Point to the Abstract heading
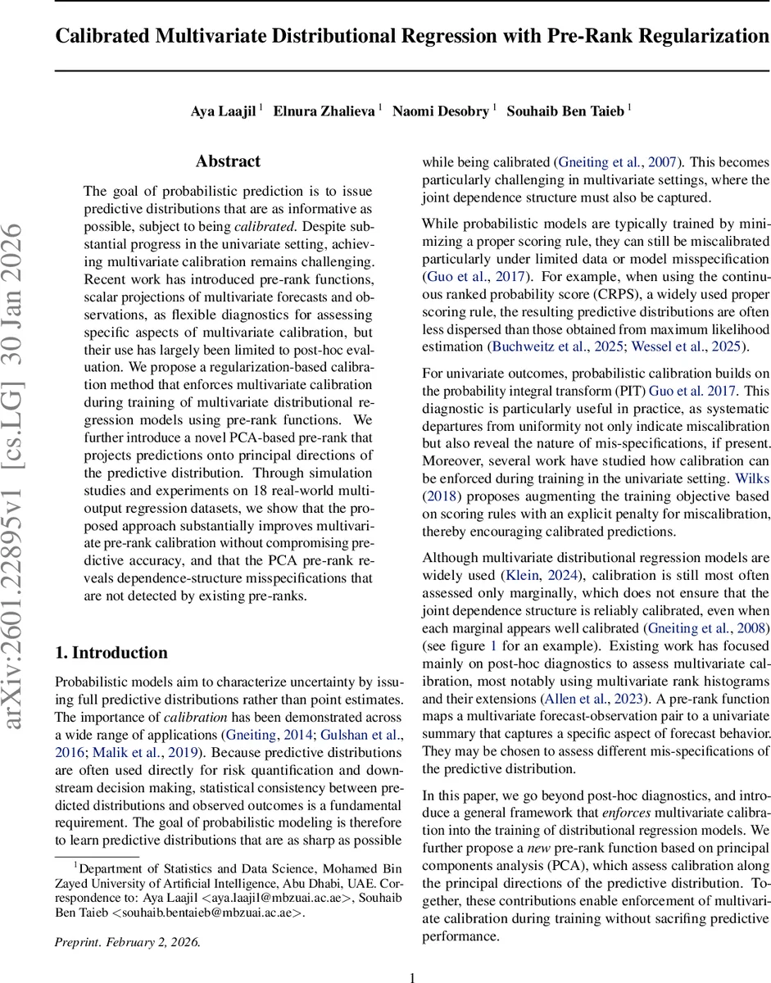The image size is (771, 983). click(229, 161)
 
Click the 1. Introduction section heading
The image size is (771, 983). click(111, 653)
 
